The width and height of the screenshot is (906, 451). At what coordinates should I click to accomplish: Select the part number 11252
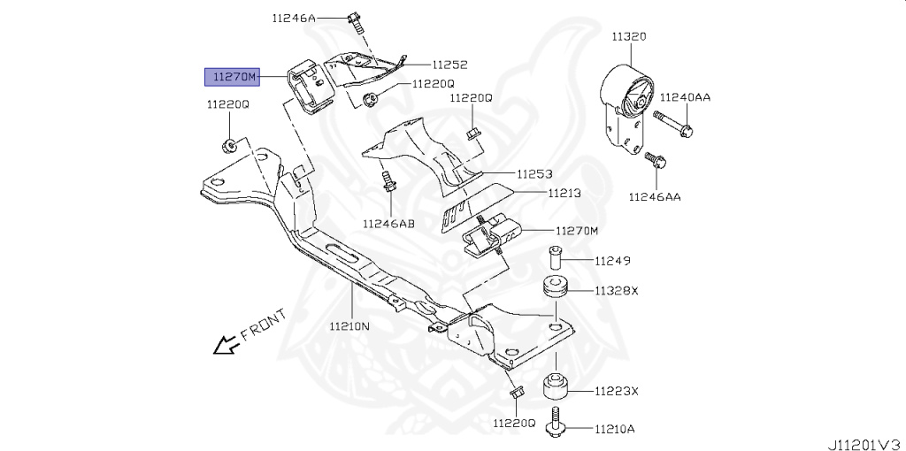pyautogui.click(x=449, y=65)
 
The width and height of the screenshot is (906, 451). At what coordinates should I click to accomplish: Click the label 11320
pyautogui.click(x=628, y=37)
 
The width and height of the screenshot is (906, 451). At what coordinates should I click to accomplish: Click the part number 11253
pyautogui.click(x=535, y=174)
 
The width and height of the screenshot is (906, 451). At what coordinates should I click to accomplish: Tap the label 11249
pyautogui.click(x=611, y=261)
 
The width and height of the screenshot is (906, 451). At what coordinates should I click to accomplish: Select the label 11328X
pyautogui.click(x=617, y=290)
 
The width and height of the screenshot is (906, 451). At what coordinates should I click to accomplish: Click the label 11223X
pyautogui.click(x=617, y=390)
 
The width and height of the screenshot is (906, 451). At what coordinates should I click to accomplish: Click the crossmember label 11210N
pyautogui.click(x=352, y=325)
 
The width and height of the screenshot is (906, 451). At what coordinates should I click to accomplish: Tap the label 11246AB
pyautogui.click(x=388, y=223)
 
